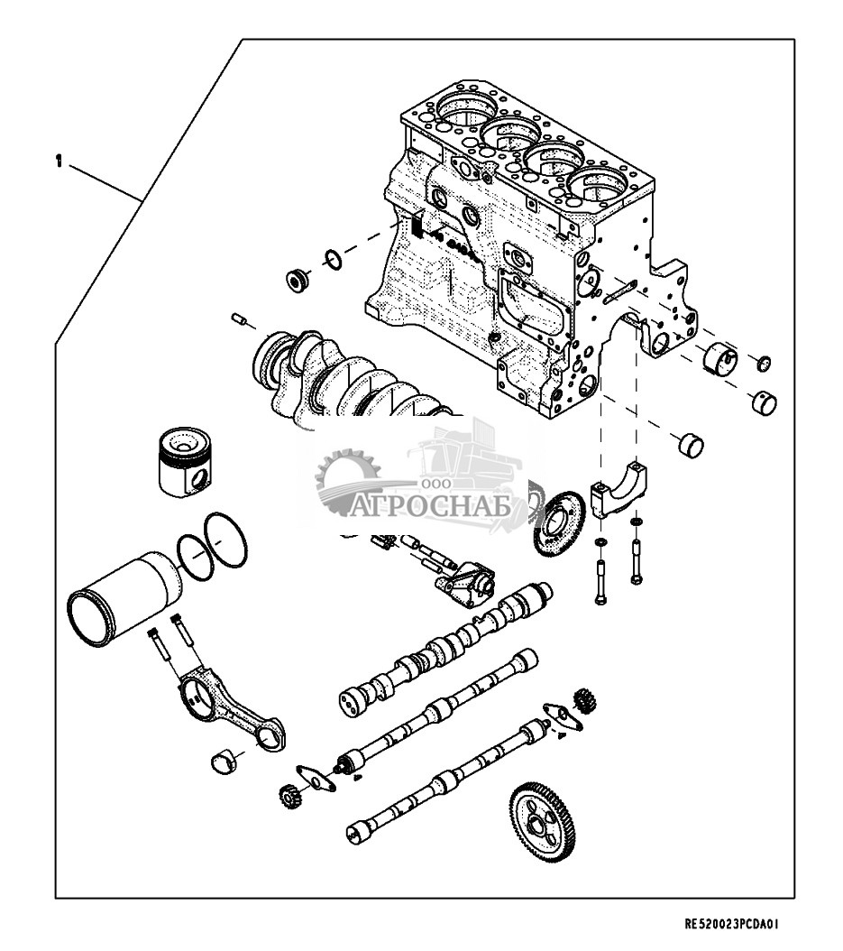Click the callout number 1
click(x=59, y=162)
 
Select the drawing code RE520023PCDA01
click(x=731, y=924)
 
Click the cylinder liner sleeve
click(x=125, y=597)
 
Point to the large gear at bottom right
click(x=543, y=822)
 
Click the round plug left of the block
click(x=298, y=280)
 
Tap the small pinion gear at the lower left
click(x=290, y=797)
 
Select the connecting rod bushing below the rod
click(x=223, y=762)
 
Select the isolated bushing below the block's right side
click(x=691, y=447)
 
